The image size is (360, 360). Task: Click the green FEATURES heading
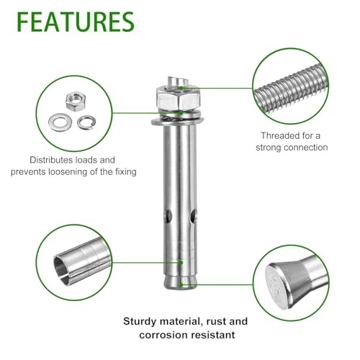(76, 22)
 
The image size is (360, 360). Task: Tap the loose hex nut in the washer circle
(76, 101)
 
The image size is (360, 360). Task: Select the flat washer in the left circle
(60, 122)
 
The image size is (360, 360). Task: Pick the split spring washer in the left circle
(86, 122)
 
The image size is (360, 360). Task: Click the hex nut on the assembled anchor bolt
(178, 99)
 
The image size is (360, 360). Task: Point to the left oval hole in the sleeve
(168, 215)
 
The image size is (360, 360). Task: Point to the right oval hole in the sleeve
(193, 215)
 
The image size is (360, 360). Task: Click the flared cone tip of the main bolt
(180, 282)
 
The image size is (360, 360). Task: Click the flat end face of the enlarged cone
(276, 286)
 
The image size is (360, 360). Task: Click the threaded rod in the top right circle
(292, 89)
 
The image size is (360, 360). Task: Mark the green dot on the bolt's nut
(181, 88)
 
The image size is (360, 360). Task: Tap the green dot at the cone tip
(181, 285)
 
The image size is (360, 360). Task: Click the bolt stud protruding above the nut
(178, 81)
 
